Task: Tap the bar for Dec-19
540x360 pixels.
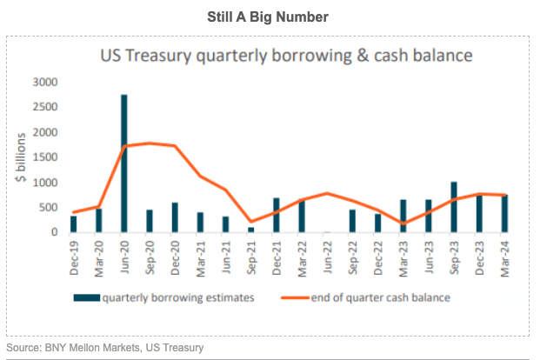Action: pyautogui.click(x=73, y=223)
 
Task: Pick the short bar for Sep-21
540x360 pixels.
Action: pyautogui.click(x=250, y=230)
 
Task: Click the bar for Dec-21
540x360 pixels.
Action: pyautogui.click(x=276, y=215)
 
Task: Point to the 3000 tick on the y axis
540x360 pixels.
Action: pyautogui.click(x=44, y=82)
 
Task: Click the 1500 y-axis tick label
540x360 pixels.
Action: pyautogui.click(x=44, y=157)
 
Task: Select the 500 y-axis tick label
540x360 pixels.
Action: pyautogui.click(x=48, y=208)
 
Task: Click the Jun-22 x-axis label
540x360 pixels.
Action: pyautogui.click(x=326, y=256)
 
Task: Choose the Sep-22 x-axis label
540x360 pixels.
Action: pyautogui.click(x=352, y=256)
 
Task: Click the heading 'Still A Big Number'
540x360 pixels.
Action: pyautogui.click(x=269, y=16)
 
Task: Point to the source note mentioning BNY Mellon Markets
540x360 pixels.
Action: pyautogui.click(x=105, y=348)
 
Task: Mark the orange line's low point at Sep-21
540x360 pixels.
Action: pyautogui.click(x=250, y=223)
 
